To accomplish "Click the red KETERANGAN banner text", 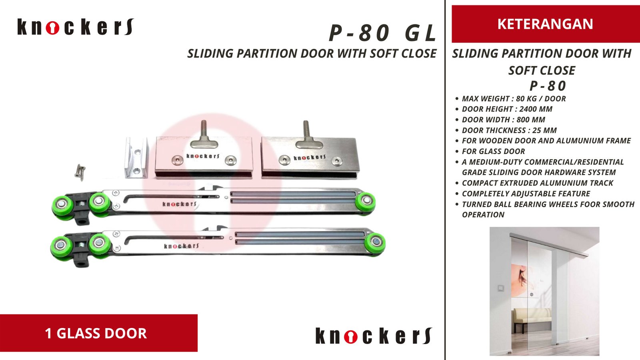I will pos(545,24).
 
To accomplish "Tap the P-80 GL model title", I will pos(382,33).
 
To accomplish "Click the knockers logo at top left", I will pos(75,27).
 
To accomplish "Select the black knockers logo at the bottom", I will pos(374,336).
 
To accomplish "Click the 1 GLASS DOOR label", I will pos(96,333).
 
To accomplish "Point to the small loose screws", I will pos(80,172).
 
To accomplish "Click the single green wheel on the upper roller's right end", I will pos(366,201).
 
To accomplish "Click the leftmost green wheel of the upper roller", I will pos(62,205).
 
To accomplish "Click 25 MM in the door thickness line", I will pos(544,130).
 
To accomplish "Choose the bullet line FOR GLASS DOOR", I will pos(493,152).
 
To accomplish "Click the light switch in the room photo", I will pos(500,288).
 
